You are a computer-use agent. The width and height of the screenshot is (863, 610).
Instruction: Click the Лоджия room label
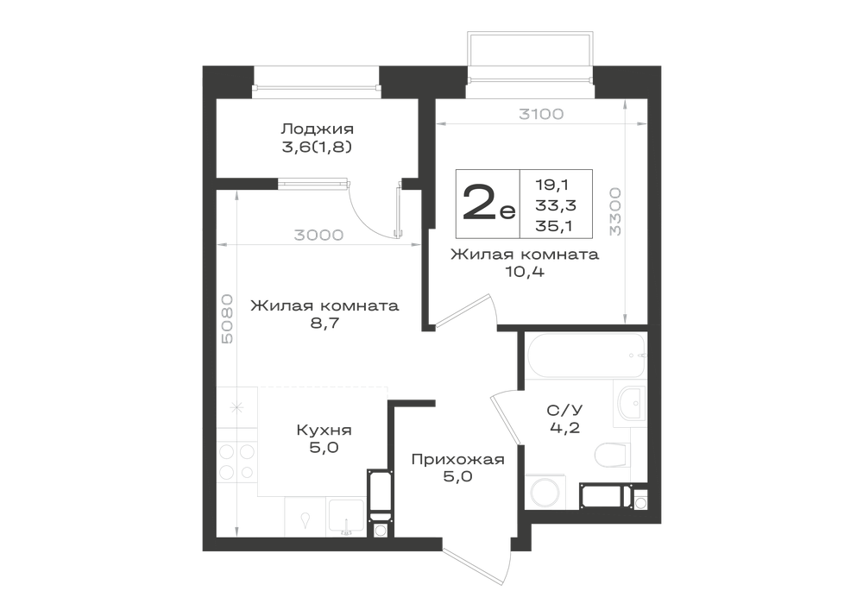click(317, 129)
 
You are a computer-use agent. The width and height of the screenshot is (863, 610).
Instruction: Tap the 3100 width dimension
click(542, 114)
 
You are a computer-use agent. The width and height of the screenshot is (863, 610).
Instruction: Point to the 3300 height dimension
click(614, 211)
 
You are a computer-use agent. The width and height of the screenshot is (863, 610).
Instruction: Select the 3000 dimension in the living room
click(318, 236)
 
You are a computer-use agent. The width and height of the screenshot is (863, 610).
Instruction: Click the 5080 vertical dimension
click(227, 319)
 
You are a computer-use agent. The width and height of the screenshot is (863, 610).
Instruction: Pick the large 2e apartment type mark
click(488, 203)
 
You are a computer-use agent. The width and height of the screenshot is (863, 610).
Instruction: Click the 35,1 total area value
click(555, 225)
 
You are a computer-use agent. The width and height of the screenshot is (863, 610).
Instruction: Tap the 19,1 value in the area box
click(552, 186)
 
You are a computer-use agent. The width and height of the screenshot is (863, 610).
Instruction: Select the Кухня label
click(324, 430)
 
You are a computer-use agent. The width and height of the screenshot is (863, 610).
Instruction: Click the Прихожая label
click(458, 459)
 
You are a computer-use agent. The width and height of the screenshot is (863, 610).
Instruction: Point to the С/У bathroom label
click(564, 411)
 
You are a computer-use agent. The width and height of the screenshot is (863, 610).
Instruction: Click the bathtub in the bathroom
click(586, 355)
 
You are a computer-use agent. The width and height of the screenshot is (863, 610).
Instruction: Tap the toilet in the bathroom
click(612, 455)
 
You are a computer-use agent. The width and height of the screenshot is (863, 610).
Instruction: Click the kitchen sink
click(346, 517)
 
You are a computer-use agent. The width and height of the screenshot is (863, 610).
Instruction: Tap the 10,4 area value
click(525, 272)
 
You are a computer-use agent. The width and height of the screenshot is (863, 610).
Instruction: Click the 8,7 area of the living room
click(324, 323)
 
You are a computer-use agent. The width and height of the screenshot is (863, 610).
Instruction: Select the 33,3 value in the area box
click(556, 205)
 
